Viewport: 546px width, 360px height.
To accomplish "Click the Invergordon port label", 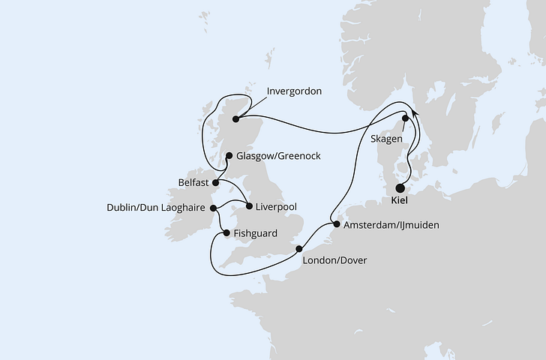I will click(294, 92).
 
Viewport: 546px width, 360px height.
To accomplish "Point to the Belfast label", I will click(193, 181).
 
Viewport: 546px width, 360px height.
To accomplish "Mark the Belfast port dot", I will click(215, 181).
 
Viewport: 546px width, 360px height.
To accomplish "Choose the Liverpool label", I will click(277, 205).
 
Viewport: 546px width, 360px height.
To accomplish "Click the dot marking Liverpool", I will click(249, 205).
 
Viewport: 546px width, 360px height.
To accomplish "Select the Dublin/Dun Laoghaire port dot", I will click(213, 208).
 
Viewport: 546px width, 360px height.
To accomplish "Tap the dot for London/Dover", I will click(298, 249).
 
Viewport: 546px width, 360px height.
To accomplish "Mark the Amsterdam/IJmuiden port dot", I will click(336, 224).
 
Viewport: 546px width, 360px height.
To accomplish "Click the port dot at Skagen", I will click(406, 118).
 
